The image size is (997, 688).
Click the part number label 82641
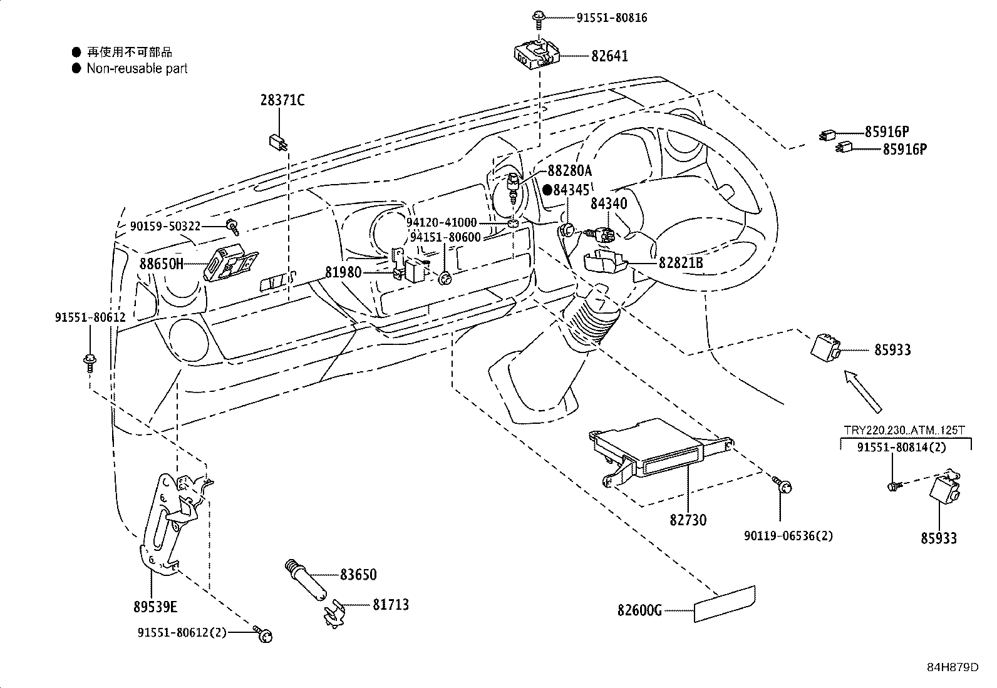click(609, 56)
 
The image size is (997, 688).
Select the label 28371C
click(282, 100)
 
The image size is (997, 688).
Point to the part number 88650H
click(162, 264)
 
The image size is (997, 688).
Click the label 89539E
click(155, 606)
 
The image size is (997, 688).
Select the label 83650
click(358, 574)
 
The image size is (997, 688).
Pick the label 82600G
click(639, 610)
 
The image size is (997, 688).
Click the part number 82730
click(688, 520)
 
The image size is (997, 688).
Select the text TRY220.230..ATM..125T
click(904, 430)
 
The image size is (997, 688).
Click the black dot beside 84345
click(547, 189)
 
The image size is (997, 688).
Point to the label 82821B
click(681, 263)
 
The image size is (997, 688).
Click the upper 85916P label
click(887, 131)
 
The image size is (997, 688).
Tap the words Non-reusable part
click(137, 68)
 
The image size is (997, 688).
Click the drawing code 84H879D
click(953, 667)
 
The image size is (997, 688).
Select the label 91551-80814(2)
click(901, 447)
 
